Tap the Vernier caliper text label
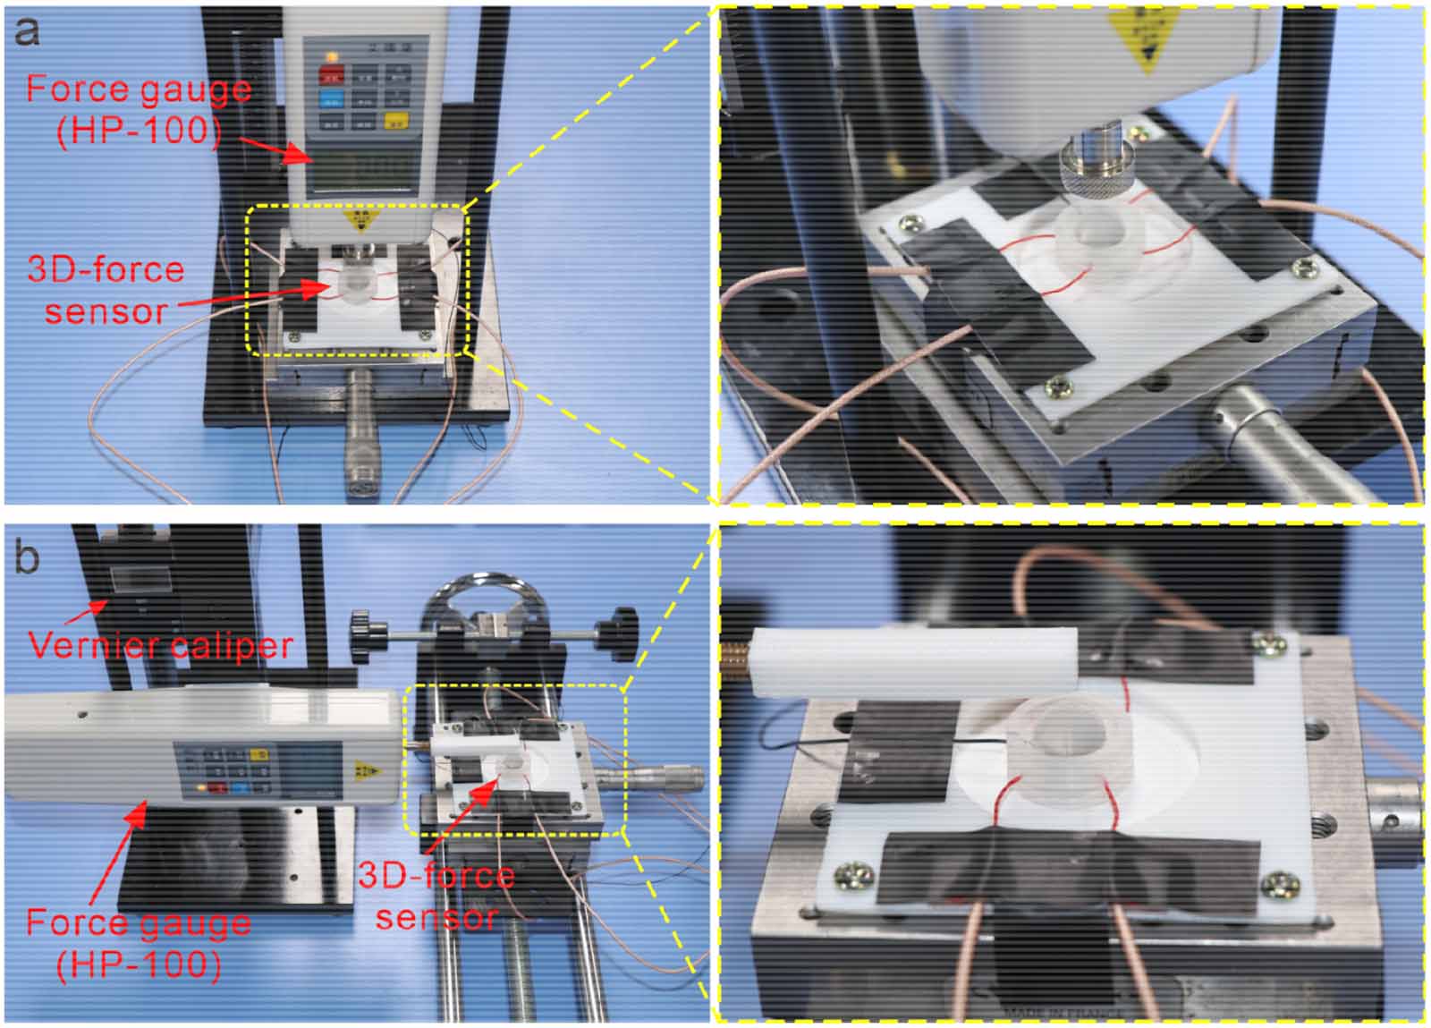tap(161, 644)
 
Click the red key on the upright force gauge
tap(332, 74)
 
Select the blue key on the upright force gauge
tap(331, 98)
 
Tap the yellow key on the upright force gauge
tap(392, 122)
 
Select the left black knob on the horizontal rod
tap(362, 623)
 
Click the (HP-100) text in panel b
tap(139, 964)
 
